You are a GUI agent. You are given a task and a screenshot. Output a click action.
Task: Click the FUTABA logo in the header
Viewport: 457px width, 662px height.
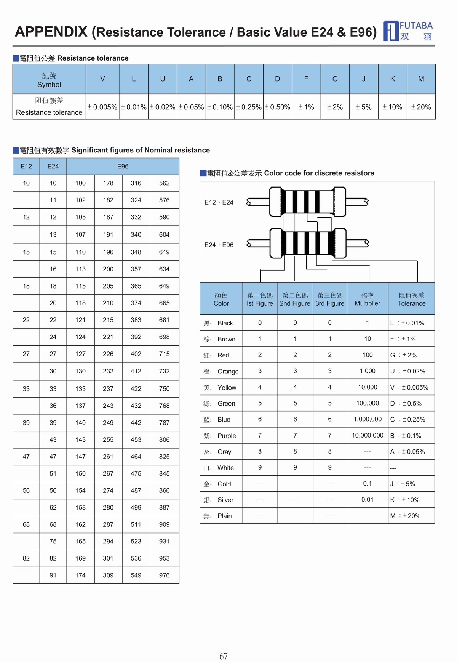408,31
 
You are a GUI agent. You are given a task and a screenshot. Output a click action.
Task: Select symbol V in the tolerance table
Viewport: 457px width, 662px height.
102,79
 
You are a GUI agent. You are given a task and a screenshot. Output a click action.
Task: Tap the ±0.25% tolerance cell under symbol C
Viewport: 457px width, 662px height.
249,107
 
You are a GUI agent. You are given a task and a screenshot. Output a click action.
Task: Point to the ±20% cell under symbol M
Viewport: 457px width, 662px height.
421,107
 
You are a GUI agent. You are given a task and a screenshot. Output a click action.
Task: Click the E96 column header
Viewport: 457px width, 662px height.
123,167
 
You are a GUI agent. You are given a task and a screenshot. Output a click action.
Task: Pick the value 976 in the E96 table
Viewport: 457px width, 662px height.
164,575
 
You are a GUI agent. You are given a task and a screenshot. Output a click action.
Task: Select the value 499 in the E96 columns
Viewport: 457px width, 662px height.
136,507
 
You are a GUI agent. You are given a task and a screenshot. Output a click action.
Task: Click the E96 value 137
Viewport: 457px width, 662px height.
80,406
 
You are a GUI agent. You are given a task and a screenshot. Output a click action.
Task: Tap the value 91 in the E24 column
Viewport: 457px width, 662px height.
53,575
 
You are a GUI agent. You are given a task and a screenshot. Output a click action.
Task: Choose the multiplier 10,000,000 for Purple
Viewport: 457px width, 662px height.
368,435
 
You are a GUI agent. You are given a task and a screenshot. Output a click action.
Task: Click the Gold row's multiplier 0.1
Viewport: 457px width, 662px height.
368,483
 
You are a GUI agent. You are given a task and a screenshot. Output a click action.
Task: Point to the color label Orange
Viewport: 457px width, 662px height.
228,371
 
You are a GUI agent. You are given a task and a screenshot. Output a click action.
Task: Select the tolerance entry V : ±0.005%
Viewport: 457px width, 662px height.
409,387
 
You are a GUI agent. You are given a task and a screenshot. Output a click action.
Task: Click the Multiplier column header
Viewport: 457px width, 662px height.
368,299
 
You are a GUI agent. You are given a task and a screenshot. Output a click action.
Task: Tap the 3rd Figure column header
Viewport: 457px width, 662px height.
330,299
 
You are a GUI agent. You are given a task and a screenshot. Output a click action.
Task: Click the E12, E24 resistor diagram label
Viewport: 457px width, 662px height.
219,202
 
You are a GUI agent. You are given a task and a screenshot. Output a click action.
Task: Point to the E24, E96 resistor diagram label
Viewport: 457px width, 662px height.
219,245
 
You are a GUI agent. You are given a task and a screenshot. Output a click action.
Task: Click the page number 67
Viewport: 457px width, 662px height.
224,656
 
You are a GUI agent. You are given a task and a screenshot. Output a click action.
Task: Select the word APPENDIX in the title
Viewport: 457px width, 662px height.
51,32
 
